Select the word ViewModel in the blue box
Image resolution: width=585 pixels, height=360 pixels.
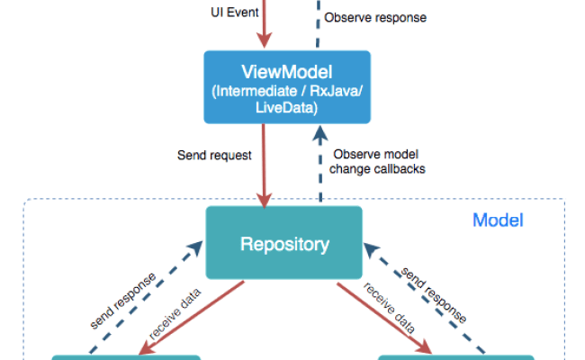tap(287, 71)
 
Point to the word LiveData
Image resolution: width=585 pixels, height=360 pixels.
tap(287, 106)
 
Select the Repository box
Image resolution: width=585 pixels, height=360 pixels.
tap(284, 243)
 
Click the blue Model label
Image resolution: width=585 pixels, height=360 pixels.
tap(498, 220)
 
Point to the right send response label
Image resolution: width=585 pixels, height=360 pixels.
tap(434, 295)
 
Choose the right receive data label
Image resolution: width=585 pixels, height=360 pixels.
tap(389, 308)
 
